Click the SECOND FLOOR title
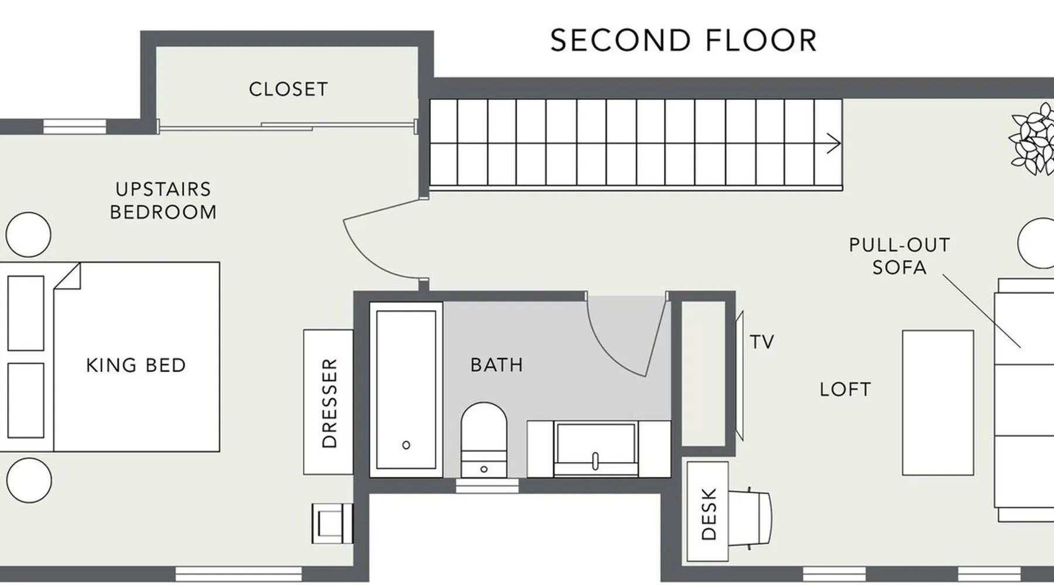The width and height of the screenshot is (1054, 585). [683, 40]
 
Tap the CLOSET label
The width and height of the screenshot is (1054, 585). [288, 90]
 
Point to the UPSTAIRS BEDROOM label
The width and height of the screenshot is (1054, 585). [163, 201]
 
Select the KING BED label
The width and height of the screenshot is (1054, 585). [136, 365]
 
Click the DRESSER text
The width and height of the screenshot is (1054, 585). [330, 403]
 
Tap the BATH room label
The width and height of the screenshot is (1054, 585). [497, 365]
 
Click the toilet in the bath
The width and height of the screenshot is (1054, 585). [484, 439]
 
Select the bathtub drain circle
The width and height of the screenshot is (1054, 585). [406, 445]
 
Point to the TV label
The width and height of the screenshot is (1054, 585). [762, 342]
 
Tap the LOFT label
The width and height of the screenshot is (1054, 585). [845, 390]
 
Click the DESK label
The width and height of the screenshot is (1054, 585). [709, 514]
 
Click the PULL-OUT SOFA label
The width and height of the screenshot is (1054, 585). [899, 256]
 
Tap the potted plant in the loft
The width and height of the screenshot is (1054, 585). [1032, 139]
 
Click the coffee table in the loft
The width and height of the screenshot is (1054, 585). [938, 403]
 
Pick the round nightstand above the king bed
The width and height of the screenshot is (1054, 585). [28, 235]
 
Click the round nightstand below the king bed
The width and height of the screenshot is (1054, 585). [28, 480]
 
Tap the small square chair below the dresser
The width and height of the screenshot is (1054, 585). [333, 523]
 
